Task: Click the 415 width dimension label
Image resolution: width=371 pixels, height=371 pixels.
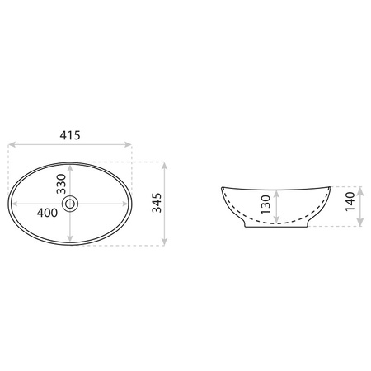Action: click(x=70, y=135)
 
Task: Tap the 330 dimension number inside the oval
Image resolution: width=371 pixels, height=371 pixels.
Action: click(x=61, y=184)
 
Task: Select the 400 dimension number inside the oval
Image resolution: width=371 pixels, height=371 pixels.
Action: click(x=47, y=213)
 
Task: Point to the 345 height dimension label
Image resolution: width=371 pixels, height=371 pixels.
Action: click(x=157, y=203)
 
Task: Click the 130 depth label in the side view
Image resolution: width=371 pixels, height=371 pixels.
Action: click(x=266, y=204)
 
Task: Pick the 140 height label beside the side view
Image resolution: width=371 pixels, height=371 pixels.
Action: click(x=350, y=201)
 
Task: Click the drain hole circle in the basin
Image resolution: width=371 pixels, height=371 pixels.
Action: click(x=70, y=204)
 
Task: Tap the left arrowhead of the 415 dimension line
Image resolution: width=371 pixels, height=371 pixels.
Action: click(x=12, y=144)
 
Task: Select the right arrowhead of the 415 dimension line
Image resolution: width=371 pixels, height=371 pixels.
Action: click(x=128, y=144)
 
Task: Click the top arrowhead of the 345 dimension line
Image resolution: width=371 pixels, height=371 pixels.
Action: click(x=164, y=166)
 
